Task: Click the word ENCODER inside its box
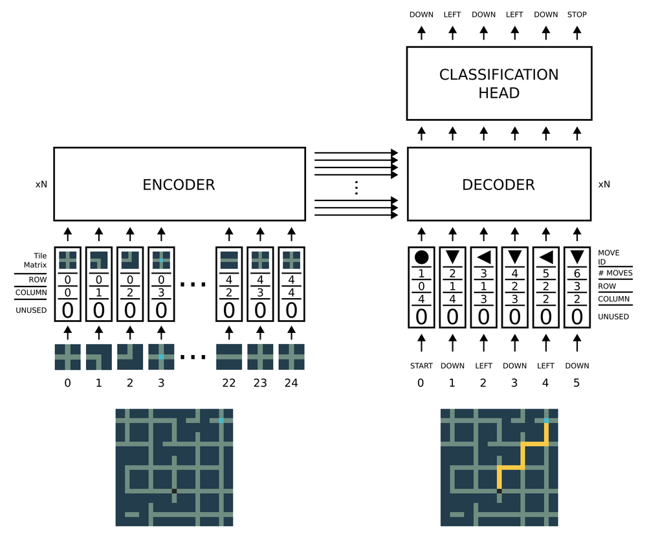point(179,185)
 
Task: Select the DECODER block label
point(498,185)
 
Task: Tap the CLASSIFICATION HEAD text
point(498,83)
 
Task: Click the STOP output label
point(576,14)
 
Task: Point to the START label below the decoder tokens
point(421,366)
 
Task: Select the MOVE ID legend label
point(609,257)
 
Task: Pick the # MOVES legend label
point(615,273)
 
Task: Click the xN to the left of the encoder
point(41,184)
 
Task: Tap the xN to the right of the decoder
point(604,184)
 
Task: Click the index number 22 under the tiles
point(228,383)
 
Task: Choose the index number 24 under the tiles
point(291,383)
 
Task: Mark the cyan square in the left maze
point(221,420)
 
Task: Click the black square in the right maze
point(499,491)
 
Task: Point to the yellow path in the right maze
point(523,466)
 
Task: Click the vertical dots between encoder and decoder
point(356,188)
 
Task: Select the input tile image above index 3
point(160,356)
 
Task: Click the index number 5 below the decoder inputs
point(576,383)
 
